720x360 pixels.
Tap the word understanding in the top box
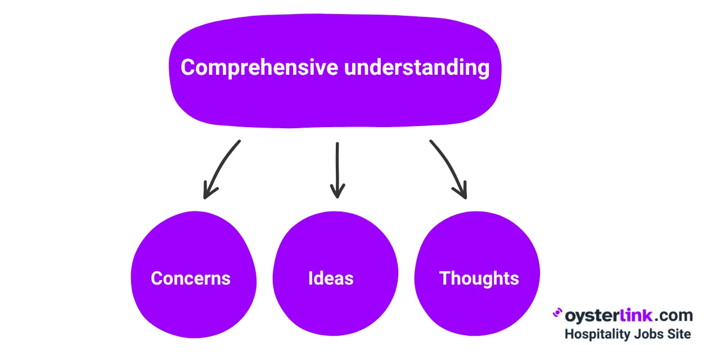[x=416, y=68]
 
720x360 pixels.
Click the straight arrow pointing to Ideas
[x=337, y=169]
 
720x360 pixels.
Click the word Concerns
[x=191, y=278]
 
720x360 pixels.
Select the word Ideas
[x=331, y=278]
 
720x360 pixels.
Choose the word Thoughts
[x=479, y=278]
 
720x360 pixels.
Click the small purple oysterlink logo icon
[x=557, y=313]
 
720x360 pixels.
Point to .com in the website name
[x=672, y=315]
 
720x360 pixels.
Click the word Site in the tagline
[x=678, y=334]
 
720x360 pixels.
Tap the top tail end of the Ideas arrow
[x=337, y=145]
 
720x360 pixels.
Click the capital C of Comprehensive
[x=188, y=68]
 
